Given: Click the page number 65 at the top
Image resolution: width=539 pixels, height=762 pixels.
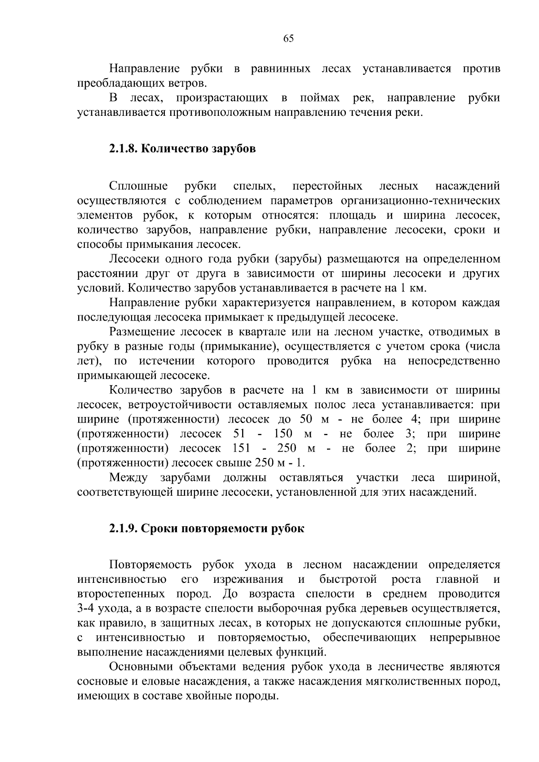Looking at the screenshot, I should coord(288,39).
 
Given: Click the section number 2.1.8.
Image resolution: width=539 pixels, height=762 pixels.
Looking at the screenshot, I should coord(124,149).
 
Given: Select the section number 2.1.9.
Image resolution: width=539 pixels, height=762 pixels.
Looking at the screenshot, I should coord(124,529).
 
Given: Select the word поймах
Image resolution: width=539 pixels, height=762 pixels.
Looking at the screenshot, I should coord(319,98).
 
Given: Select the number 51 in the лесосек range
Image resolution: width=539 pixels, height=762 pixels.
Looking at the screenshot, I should coord(241,434).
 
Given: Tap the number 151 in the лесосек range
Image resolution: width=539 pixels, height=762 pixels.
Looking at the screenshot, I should coord(241,449).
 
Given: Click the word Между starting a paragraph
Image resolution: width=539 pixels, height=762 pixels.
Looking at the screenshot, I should coord(128,478).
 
